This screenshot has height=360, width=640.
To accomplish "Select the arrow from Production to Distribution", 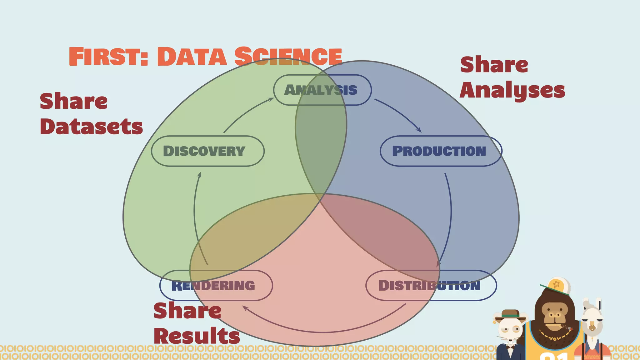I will [450, 219].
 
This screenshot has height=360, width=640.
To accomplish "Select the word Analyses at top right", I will [512, 90].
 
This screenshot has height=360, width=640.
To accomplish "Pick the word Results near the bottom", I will [197, 336].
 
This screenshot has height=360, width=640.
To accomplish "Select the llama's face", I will [592, 323].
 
